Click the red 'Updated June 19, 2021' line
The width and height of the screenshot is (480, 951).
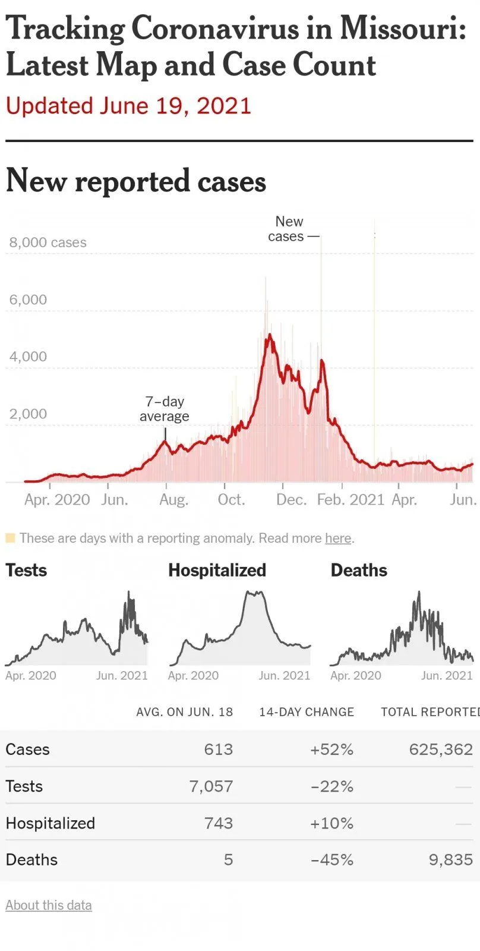pos(128,106)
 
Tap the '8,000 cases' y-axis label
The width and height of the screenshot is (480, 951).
pos(48,243)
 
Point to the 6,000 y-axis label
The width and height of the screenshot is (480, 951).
pos(28,300)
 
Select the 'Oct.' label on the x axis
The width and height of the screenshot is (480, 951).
pos(231,499)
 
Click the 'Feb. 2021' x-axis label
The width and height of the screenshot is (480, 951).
pos(350,499)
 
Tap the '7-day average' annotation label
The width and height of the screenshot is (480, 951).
pos(165,409)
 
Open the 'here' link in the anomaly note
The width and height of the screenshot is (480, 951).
pos(338,539)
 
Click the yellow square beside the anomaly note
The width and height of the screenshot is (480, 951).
pos(10,538)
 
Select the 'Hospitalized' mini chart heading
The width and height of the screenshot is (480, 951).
pos(217,571)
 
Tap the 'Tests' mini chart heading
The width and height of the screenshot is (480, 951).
pos(26,571)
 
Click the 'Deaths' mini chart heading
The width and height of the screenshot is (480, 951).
pos(359,571)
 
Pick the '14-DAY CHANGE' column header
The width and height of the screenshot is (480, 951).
pos(307,712)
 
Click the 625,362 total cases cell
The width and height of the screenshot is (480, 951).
pos(441,750)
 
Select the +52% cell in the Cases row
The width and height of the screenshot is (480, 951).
pos(331,750)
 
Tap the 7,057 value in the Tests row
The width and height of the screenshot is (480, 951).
pos(211,786)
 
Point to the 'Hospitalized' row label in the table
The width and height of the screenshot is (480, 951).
pos(50,823)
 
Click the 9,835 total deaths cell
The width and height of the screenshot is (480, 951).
pos(451,860)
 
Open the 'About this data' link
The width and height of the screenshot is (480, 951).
pos(49,905)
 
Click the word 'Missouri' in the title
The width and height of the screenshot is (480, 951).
pos(403,28)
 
